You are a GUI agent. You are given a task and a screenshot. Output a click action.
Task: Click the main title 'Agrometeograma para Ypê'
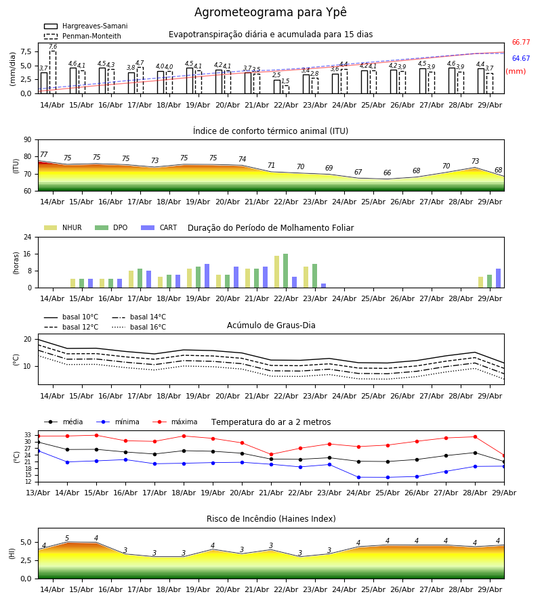coord(270,13)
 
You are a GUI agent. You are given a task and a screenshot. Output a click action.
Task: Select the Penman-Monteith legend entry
coord(83,36)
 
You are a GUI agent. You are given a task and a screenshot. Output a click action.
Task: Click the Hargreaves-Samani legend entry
coord(85,26)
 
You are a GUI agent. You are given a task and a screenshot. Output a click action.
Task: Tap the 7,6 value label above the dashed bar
coord(53,47)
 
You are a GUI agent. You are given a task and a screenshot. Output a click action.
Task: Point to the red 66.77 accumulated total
coord(521,43)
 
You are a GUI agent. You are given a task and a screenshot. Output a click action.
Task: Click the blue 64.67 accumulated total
coord(521,59)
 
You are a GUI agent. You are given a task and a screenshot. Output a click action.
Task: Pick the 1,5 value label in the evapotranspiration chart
coord(285,81)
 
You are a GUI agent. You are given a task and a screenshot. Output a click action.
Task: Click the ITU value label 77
coord(44,154)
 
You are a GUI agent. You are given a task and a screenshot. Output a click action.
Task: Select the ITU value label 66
coord(388,173)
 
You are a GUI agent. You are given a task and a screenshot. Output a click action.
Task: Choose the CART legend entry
coord(159,227)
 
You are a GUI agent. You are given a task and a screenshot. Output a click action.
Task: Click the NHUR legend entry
coord(63,227)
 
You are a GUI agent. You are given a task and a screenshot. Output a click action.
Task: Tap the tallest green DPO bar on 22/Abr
coord(286,271)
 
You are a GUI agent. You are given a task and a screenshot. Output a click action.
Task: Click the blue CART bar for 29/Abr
coord(499,278)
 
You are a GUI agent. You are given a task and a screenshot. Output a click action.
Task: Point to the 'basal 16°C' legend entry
coord(139,327)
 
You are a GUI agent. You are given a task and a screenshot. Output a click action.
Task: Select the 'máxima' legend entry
coord(175,422)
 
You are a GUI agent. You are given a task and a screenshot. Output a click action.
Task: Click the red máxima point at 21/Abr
coord(272,455)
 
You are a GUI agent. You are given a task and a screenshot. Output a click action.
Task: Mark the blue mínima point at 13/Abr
coord(39,451)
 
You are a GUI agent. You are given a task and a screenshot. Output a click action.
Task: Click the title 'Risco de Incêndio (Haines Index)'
coord(271,519)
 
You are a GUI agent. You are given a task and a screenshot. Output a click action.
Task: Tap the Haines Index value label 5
coord(67,539)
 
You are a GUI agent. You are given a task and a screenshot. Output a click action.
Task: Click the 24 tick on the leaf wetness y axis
coord(28,237)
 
